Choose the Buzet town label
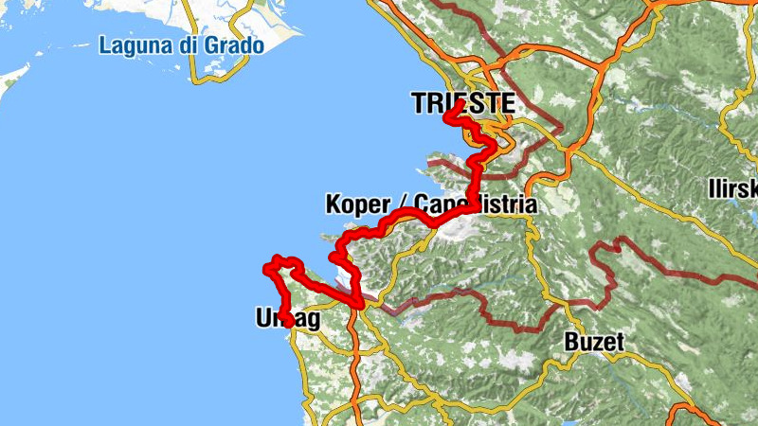point(593,343)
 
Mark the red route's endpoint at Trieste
point(447,116)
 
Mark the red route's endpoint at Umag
point(286,323)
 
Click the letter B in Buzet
point(571,343)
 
